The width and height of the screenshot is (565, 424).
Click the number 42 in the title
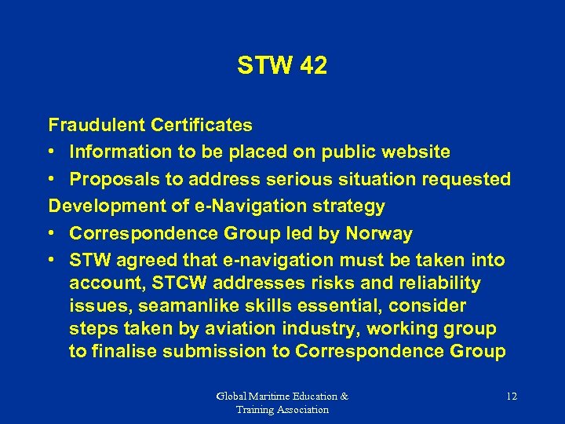[x=312, y=66]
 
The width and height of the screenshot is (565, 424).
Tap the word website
[x=414, y=152]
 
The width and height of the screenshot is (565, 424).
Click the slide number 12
[x=511, y=397]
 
